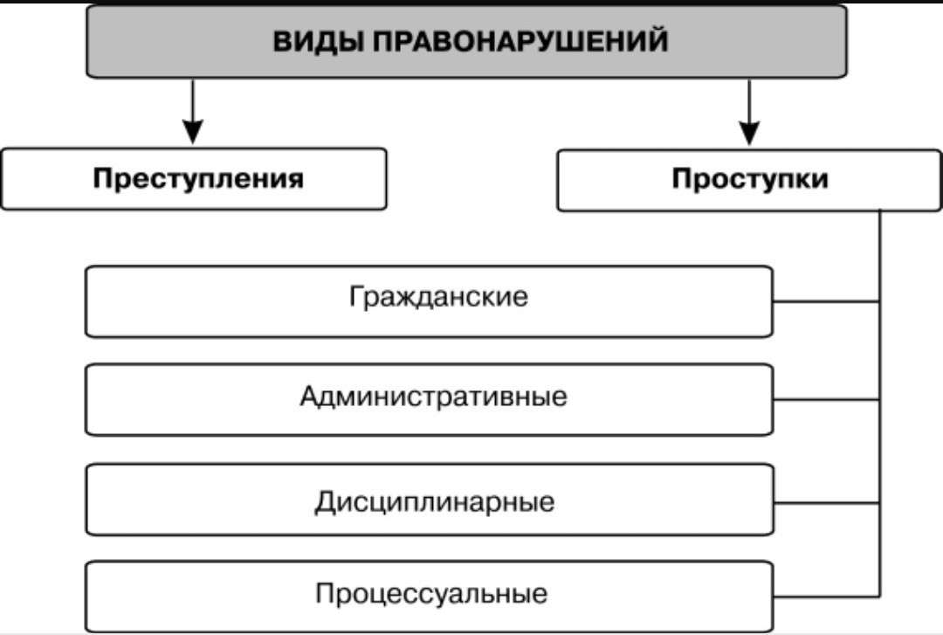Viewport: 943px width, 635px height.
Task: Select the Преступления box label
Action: pos(198,179)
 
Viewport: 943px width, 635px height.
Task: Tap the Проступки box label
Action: pos(750,179)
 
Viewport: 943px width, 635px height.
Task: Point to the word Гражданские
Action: pos(438,297)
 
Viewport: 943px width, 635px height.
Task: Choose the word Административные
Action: pos(433,397)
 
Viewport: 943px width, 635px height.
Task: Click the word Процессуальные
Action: pos(431,593)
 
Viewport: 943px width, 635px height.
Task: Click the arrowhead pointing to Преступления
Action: pos(192,131)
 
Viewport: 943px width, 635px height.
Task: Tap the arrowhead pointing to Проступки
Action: pos(749,133)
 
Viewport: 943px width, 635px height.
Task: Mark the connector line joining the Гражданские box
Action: pos(826,301)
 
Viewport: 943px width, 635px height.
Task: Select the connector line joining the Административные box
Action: pos(826,400)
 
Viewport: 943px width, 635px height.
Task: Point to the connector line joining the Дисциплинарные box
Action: pos(827,502)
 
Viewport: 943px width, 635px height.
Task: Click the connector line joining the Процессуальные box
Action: pos(826,597)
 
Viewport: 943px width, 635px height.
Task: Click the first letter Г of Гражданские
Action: pos(356,296)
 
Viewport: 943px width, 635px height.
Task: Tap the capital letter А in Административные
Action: pos(310,397)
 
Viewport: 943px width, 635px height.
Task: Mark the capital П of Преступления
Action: pos(104,179)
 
